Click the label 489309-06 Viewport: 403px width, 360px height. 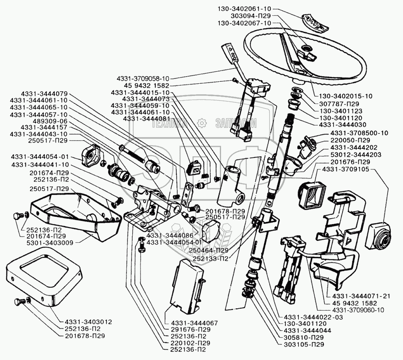tap(50, 121)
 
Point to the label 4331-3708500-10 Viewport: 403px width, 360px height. tap(359, 133)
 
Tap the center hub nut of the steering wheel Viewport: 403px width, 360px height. tap(307, 48)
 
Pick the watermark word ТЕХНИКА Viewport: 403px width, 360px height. tap(169, 124)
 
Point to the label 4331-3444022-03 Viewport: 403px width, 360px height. tap(313, 317)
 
